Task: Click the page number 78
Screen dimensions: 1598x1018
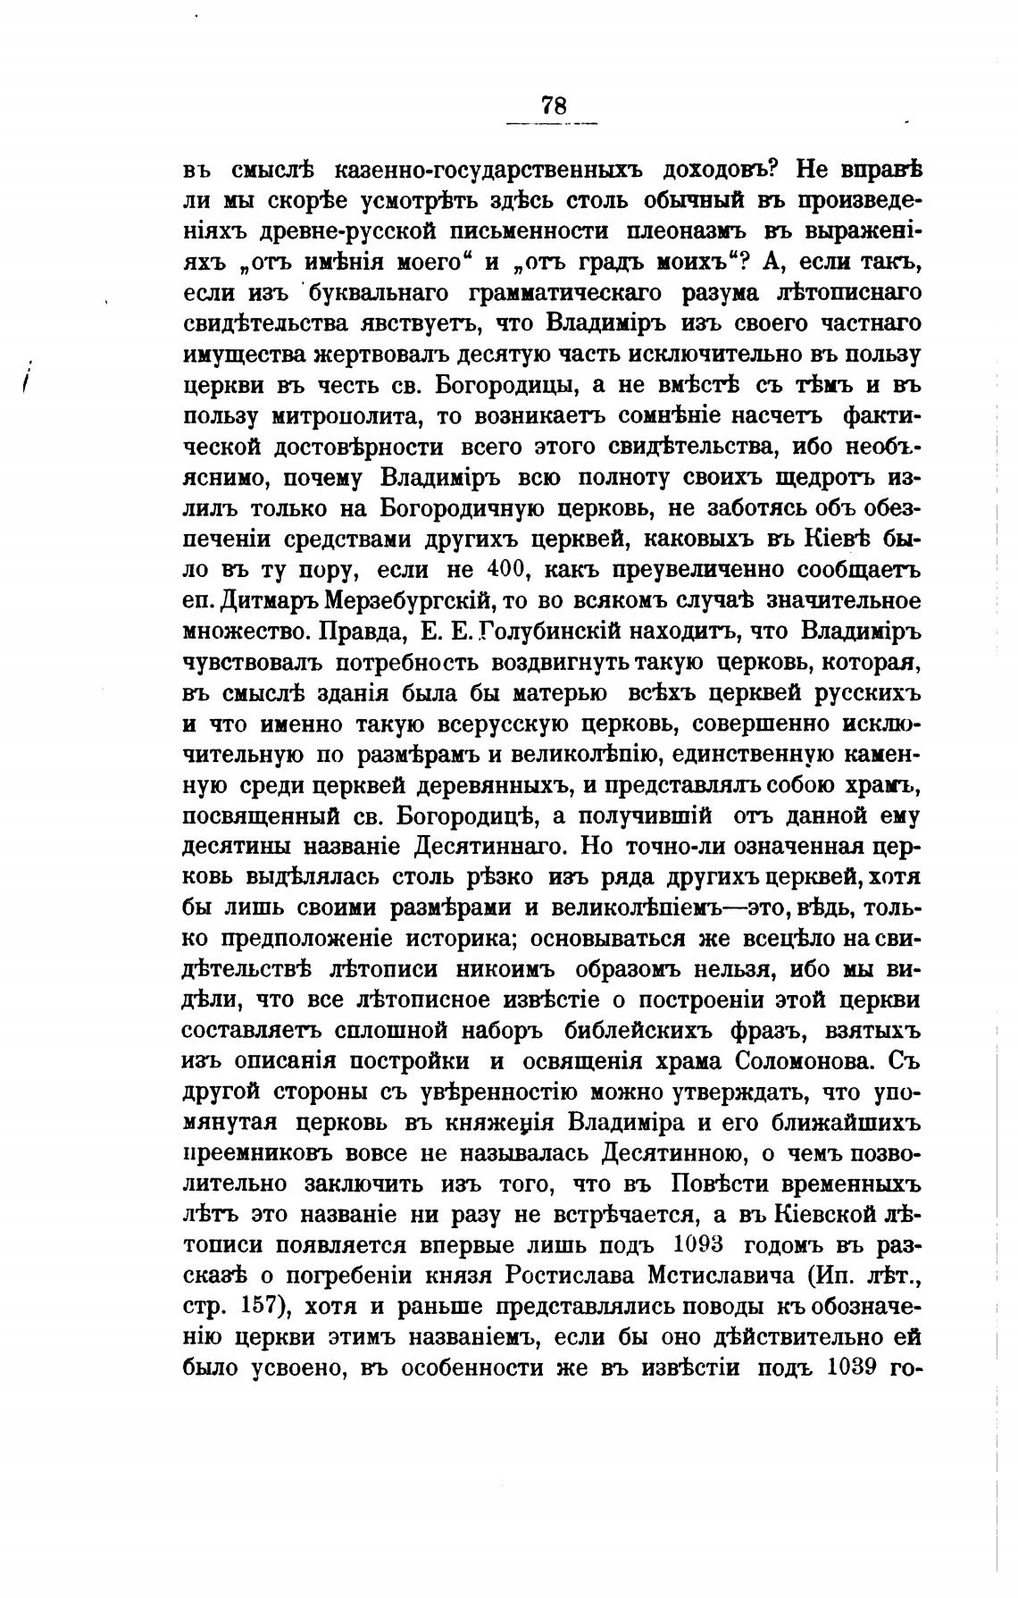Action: (553, 105)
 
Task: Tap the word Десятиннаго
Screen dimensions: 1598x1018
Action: (490, 846)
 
